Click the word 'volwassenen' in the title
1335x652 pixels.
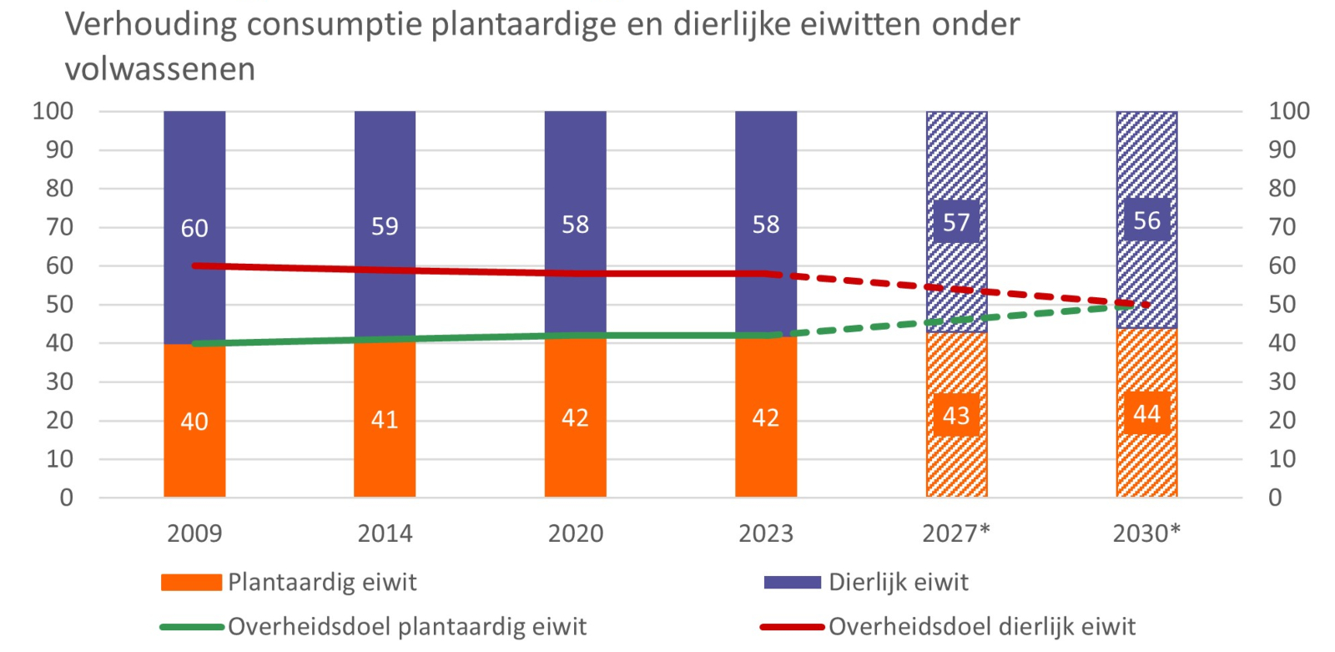159,70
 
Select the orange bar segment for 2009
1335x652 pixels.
195,421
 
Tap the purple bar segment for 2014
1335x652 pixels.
385,225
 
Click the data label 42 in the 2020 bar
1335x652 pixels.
575,417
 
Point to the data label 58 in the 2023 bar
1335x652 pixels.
766,225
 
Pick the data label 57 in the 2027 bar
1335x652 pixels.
956,223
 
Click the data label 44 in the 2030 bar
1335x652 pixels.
1146,414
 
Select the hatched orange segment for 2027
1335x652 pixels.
956,415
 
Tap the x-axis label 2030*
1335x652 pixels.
1146,533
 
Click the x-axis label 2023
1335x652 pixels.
766,533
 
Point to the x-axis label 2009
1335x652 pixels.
194,533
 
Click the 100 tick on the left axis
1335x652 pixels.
53,111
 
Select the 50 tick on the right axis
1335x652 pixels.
1282,304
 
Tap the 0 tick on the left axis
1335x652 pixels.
66,498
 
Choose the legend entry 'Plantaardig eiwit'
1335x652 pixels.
289,582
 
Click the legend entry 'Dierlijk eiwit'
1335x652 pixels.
867,582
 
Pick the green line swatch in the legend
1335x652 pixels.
193,627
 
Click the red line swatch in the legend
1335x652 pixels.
793,627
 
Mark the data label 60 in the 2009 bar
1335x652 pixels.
194,229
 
